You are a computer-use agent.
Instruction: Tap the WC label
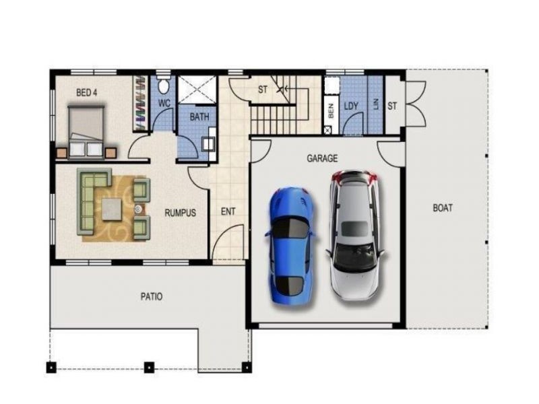coord(164,104)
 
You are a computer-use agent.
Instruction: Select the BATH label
coord(199,116)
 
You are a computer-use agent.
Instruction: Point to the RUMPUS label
coord(180,213)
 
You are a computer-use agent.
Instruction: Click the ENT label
coord(228,211)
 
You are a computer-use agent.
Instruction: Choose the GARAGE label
coord(322,158)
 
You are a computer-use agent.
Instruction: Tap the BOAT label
coord(442,208)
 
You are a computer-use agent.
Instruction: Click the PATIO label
coord(151,296)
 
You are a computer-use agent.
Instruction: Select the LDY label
coord(351,106)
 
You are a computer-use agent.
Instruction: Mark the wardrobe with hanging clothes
coord(139,104)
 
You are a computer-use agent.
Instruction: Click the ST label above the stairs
coord(263,90)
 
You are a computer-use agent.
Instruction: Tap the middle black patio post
coord(150,367)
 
